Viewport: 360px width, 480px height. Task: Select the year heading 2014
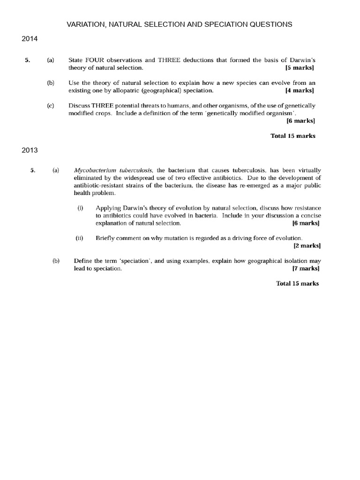(30, 39)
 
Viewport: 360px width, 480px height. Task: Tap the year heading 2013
(30, 150)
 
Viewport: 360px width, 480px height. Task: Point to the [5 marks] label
(300, 68)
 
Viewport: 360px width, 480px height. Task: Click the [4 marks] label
(300, 90)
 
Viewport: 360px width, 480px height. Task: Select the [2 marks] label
(307, 246)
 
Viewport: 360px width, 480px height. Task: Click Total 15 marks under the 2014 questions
(293, 136)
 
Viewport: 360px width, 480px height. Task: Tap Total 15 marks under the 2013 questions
(298, 284)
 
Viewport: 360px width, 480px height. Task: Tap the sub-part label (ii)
(80, 238)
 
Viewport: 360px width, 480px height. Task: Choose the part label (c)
(51, 105)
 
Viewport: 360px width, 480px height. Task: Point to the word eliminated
(89, 178)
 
